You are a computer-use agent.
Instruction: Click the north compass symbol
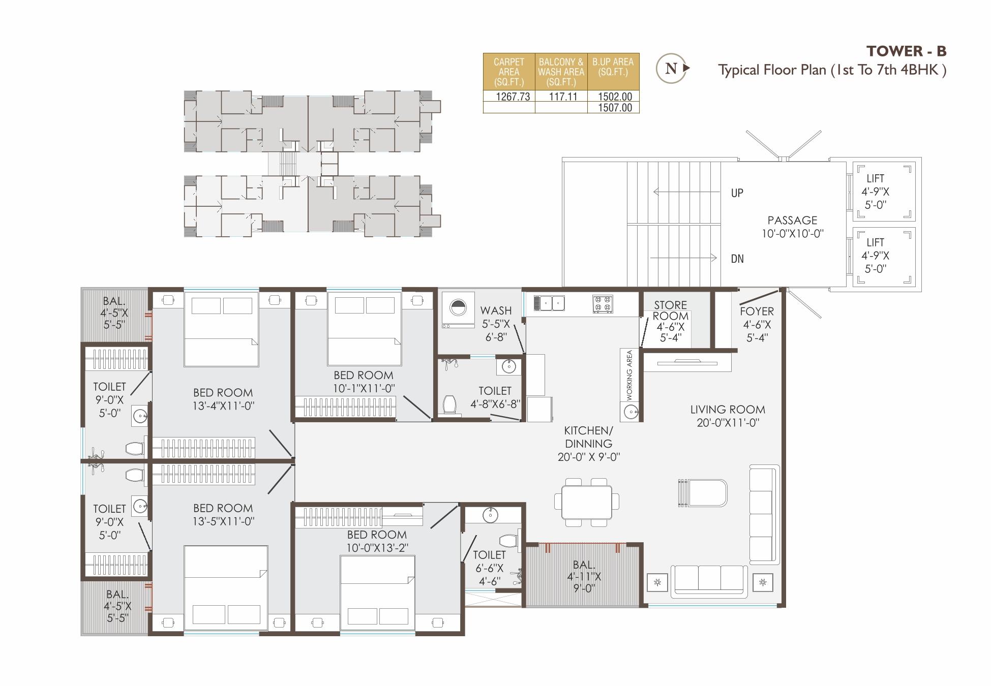point(672,68)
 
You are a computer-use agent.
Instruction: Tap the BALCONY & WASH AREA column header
point(561,72)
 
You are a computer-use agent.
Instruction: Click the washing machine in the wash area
point(458,310)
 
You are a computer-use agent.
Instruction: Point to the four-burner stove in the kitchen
point(603,304)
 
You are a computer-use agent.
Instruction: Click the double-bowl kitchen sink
point(549,303)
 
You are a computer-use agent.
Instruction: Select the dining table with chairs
point(587,502)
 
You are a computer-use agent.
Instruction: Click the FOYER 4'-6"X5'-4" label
point(757,324)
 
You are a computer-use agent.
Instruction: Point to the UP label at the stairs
point(737,193)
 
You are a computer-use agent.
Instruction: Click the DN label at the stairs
point(737,259)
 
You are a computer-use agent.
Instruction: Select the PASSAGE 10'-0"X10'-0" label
point(792,227)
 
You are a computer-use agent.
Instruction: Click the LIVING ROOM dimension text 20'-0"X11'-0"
point(728,423)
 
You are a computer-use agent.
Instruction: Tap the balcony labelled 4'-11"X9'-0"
point(584,576)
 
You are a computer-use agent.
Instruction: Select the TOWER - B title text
point(906,51)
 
